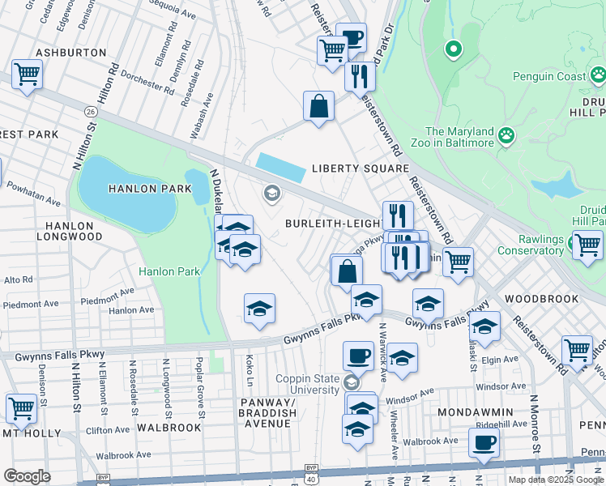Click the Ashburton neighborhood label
click(71, 52)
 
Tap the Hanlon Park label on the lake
click(151, 189)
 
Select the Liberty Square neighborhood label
click(361, 168)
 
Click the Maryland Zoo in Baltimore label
click(459, 137)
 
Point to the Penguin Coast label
click(548, 77)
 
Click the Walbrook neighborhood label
click(169, 427)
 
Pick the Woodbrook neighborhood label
click(541, 298)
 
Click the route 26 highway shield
click(90, 109)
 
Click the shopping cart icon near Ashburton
click(27, 75)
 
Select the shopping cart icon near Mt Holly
click(20, 407)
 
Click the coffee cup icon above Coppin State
click(357, 355)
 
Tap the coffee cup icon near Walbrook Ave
click(484, 441)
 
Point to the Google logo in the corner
click(27, 475)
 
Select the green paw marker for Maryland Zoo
click(507, 134)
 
